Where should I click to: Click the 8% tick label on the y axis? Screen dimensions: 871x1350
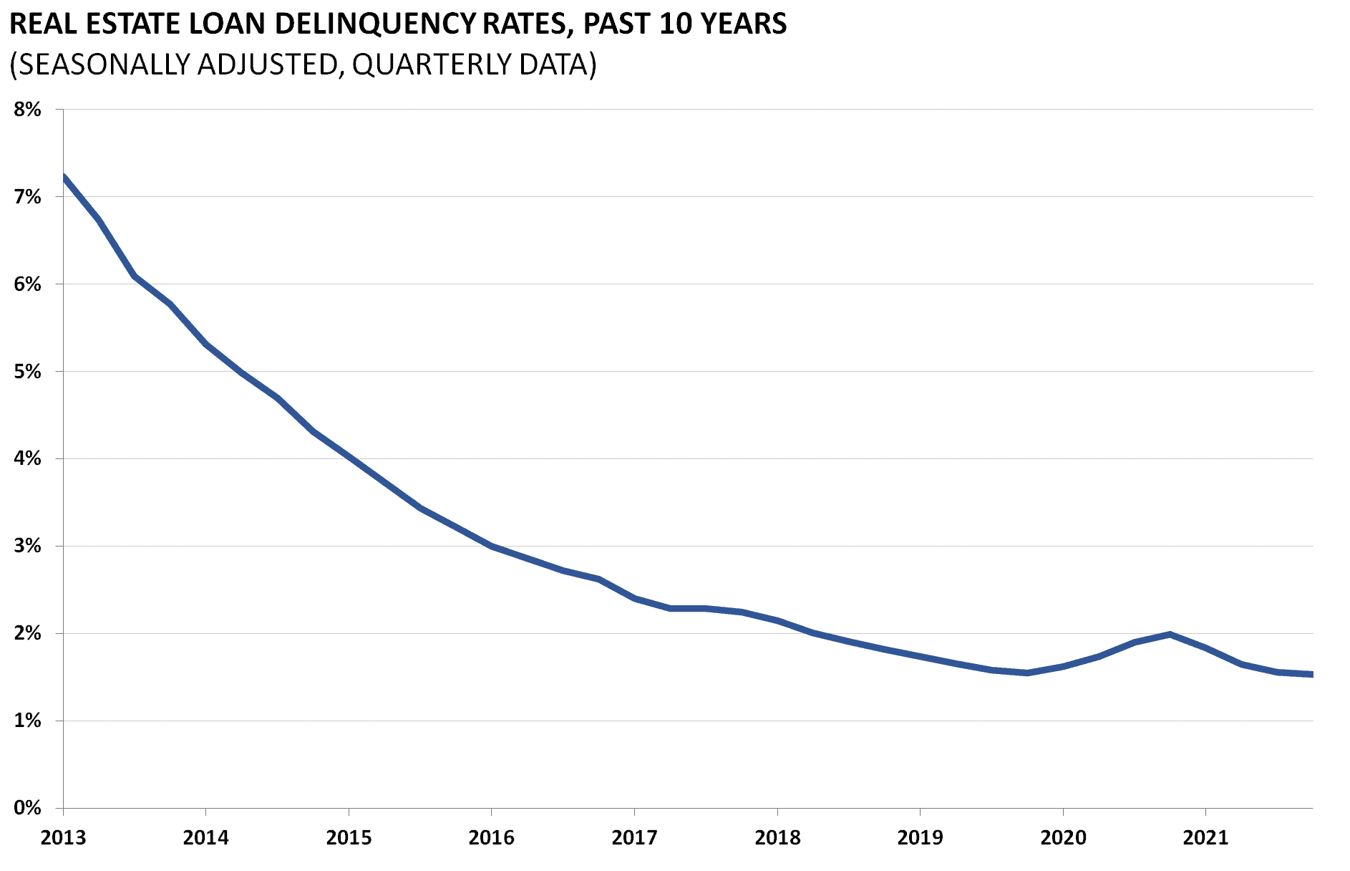tap(27, 110)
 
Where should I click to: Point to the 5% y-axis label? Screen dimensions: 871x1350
tap(27, 372)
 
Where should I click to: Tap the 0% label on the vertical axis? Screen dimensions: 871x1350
tap(27, 808)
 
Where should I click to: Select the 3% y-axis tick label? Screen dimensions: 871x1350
tap(27, 547)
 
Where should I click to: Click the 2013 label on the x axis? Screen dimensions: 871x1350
tap(63, 837)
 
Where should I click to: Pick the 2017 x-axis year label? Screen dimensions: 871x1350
tap(634, 837)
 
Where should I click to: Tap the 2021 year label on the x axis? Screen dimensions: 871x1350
tap(1205, 837)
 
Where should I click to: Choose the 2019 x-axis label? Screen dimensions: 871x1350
tap(920, 837)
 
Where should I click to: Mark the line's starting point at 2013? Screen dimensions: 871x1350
tap(64, 176)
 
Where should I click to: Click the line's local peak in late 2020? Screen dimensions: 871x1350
tap(1170, 634)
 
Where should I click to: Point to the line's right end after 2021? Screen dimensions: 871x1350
tap(1311, 674)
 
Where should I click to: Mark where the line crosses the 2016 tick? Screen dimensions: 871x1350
tap(492, 547)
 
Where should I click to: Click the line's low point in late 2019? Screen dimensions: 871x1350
tap(1027, 673)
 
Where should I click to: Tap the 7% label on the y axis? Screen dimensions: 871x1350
tap(27, 197)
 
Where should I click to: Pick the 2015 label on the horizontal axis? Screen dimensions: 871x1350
tap(349, 837)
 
